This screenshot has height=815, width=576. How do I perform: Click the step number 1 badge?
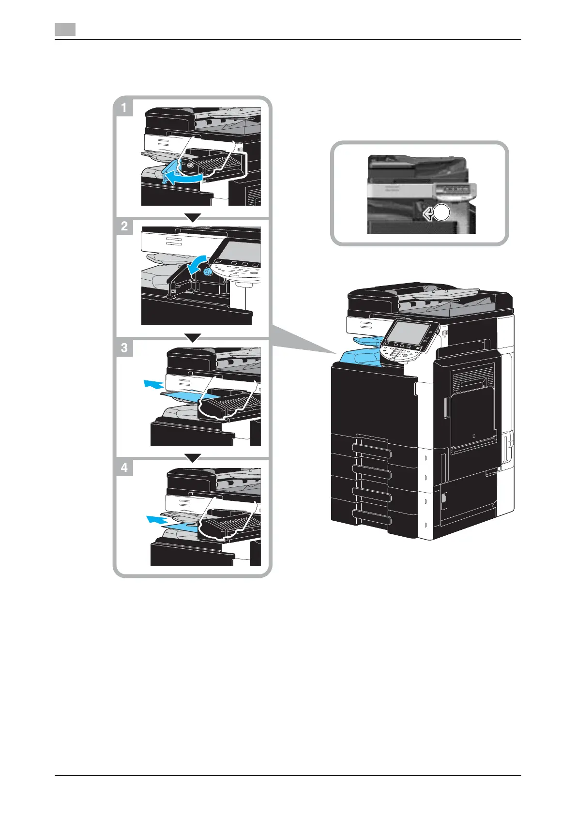pyautogui.click(x=124, y=107)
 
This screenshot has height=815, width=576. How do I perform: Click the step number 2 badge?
pyautogui.click(x=124, y=226)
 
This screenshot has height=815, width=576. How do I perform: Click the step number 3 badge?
pyautogui.click(x=124, y=347)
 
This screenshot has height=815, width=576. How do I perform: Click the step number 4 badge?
pyautogui.click(x=124, y=468)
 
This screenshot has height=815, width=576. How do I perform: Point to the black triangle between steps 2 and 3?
pyautogui.click(x=193, y=338)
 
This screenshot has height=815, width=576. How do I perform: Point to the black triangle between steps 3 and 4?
pyautogui.click(x=193, y=458)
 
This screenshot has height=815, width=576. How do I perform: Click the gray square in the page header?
pyautogui.click(x=65, y=30)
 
